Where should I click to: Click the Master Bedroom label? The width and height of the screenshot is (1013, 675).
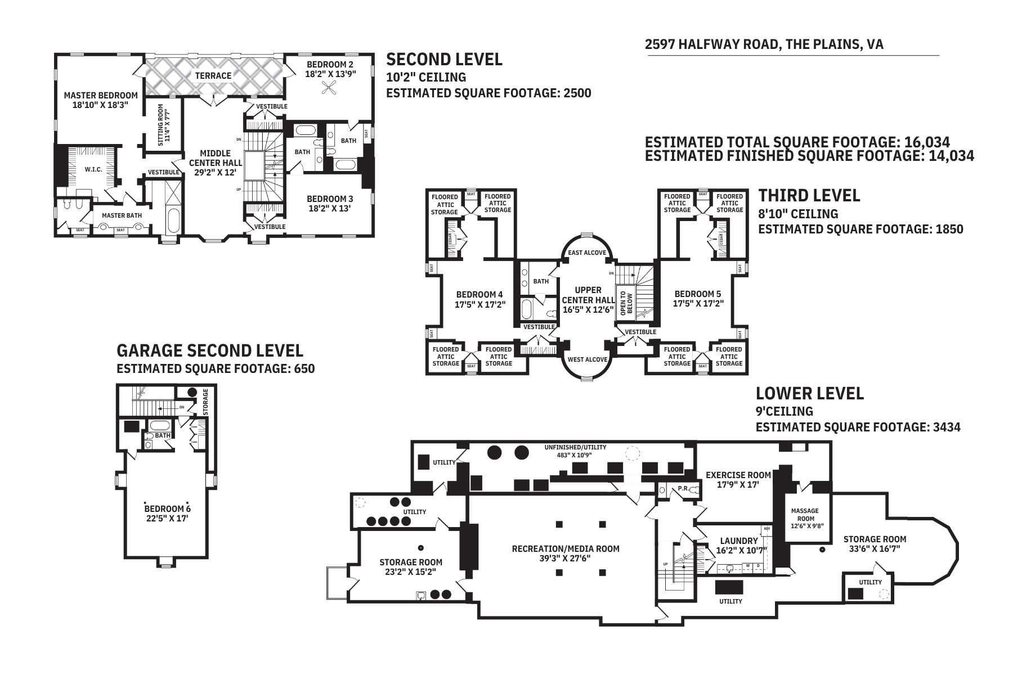(x=101, y=100)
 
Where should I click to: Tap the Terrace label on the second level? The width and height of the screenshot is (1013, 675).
(x=213, y=75)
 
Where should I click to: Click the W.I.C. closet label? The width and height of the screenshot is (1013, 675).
(x=93, y=169)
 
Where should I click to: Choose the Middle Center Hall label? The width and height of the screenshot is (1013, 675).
(x=216, y=163)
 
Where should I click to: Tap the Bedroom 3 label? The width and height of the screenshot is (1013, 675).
(x=330, y=203)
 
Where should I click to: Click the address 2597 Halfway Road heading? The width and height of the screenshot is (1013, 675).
(x=764, y=44)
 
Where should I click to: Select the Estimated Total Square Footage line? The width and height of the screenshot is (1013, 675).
(x=797, y=142)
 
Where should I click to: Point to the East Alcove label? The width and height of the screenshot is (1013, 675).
(x=587, y=253)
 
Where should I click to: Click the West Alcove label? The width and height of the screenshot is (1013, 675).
(x=587, y=359)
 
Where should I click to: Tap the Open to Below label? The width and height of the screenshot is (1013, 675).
(x=626, y=303)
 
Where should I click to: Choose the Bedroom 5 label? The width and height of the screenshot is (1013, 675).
(x=698, y=299)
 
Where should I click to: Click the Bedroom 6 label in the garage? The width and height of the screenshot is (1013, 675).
(x=167, y=514)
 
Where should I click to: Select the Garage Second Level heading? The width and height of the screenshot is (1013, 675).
(x=210, y=350)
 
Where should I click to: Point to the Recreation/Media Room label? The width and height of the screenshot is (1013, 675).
(x=565, y=553)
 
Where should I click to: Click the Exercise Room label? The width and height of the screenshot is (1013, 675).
(x=738, y=479)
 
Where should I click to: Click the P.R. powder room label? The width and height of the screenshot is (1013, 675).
(x=683, y=488)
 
